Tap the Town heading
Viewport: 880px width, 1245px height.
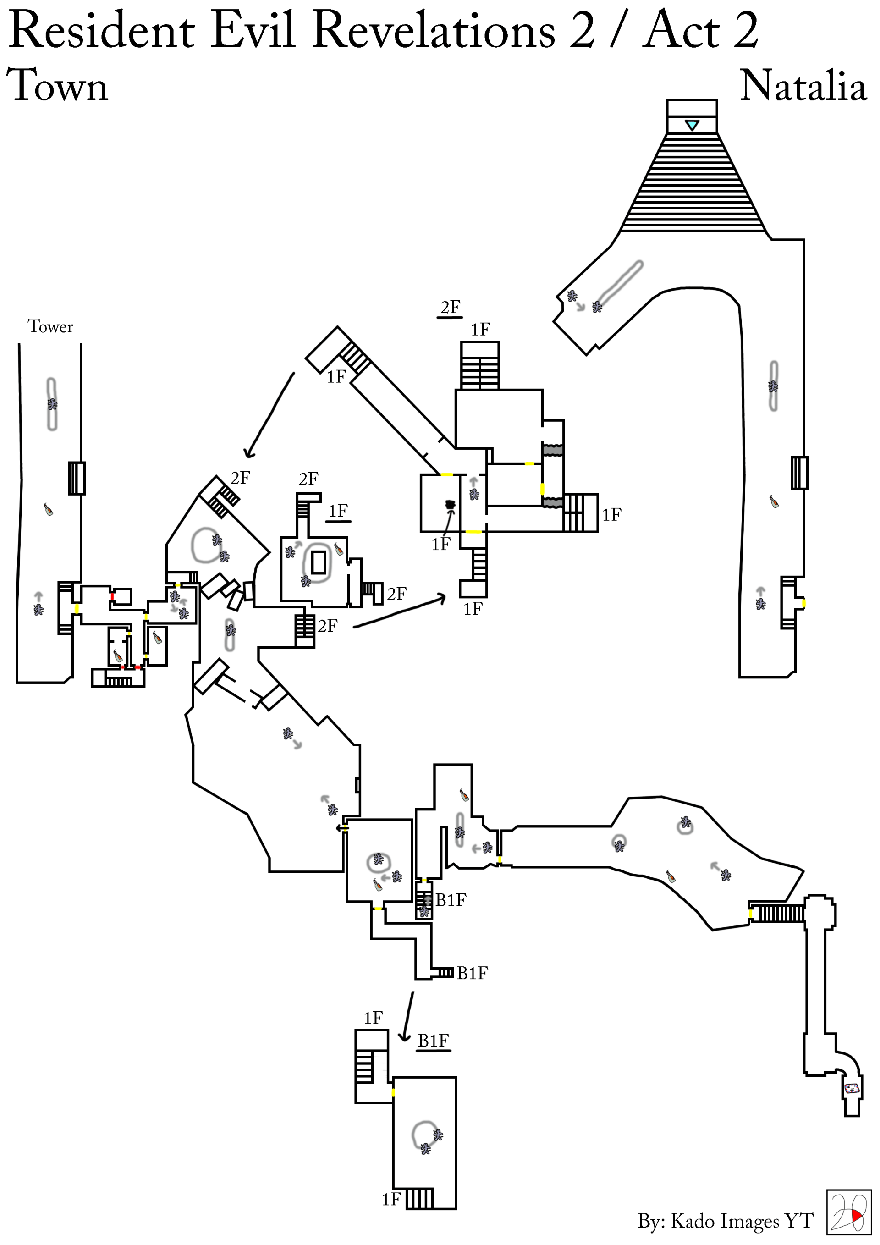57,86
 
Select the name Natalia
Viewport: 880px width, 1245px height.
803,86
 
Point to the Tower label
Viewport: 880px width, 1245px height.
50,326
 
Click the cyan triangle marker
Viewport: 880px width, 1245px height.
692,125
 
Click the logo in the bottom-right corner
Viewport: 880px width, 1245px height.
847,1212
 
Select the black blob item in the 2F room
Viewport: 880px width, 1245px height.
450,505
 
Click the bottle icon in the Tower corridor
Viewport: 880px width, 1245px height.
48,509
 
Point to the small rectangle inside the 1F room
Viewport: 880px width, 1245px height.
318,562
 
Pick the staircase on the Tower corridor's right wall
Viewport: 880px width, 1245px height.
77,478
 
